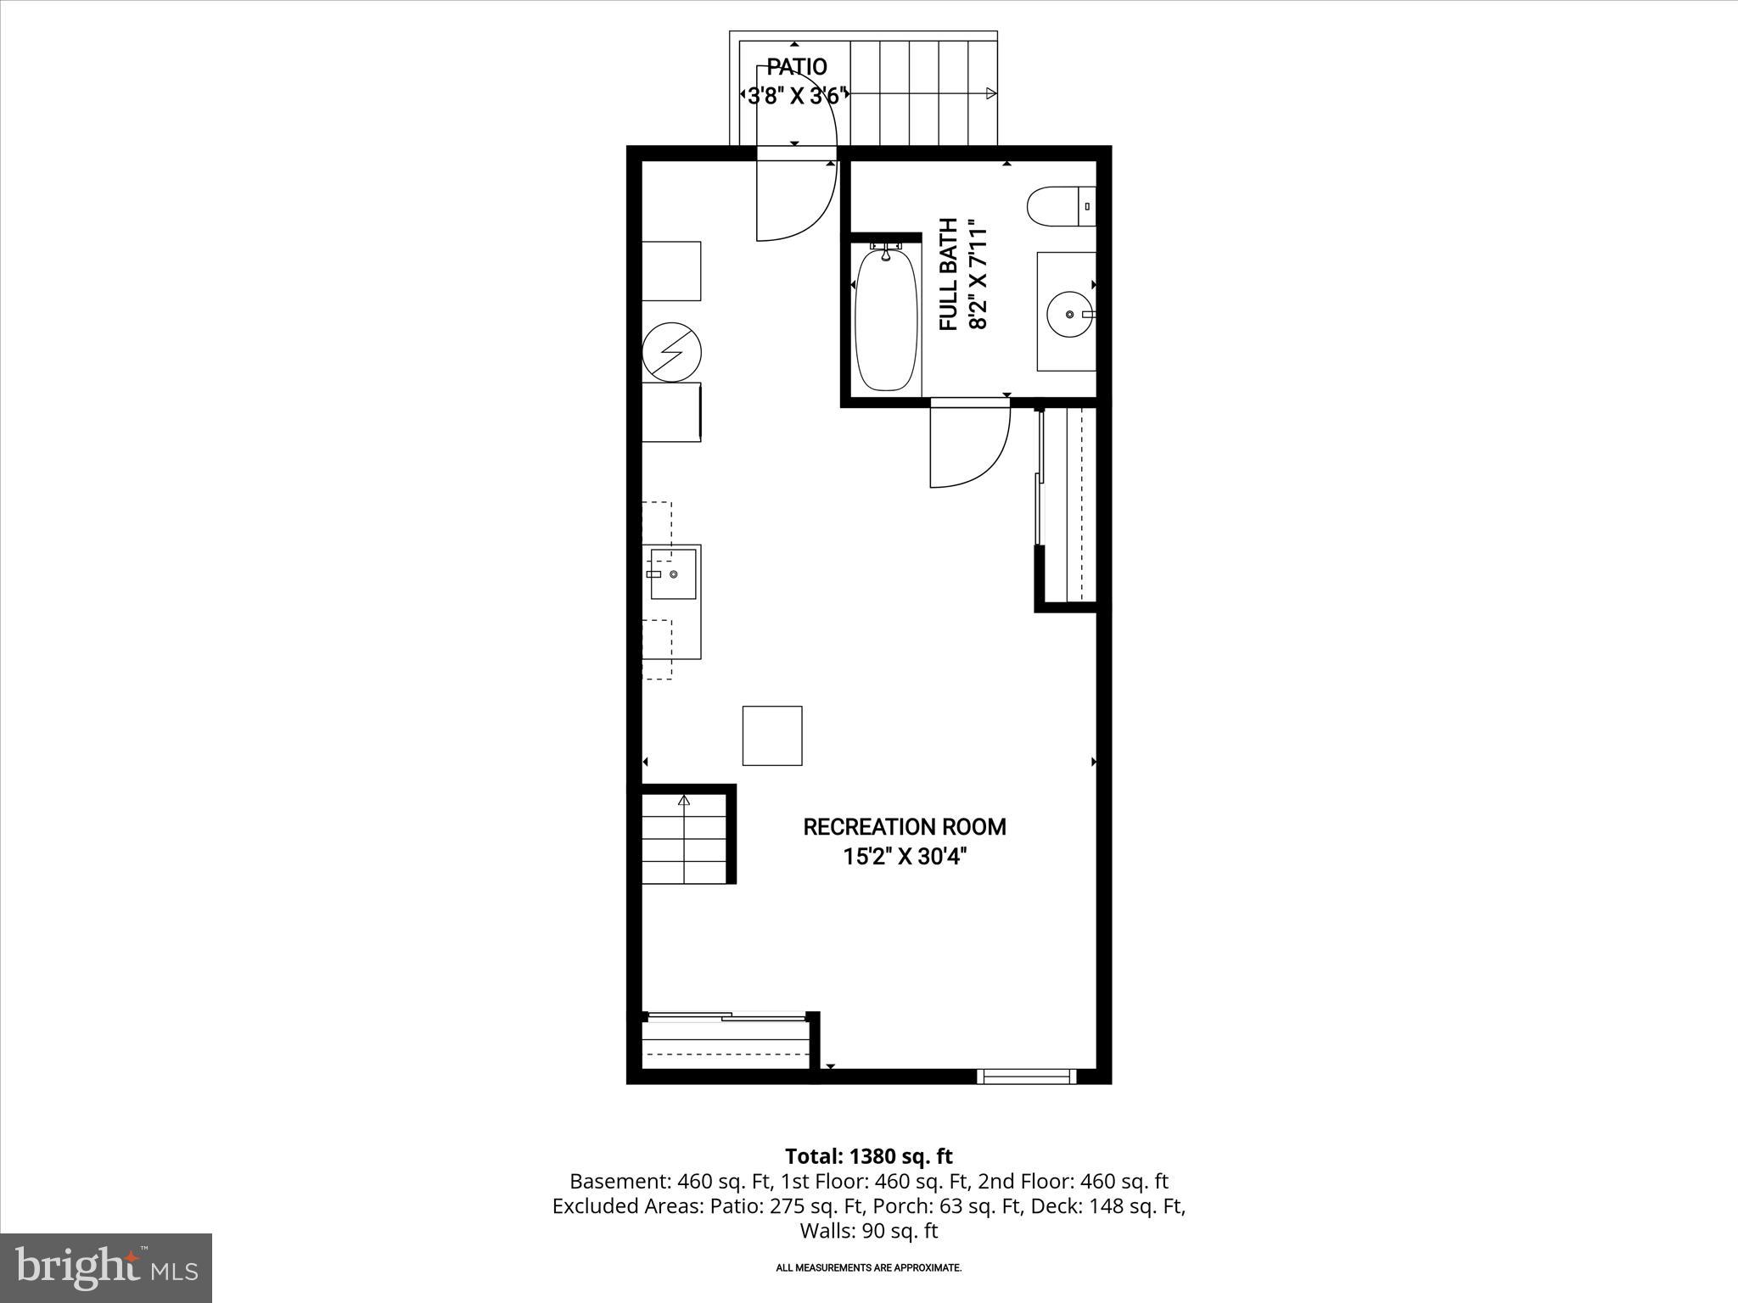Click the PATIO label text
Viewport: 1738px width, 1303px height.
[x=796, y=66]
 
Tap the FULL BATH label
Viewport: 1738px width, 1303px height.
[x=949, y=274]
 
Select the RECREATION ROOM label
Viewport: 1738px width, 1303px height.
[x=904, y=827]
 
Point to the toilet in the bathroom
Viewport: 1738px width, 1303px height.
[x=1056, y=207]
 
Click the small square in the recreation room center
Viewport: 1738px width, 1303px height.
[x=772, y=735]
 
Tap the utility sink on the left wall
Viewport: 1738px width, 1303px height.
[x=673, y=574]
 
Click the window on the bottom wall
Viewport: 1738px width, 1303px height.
[x=1026, y=1077]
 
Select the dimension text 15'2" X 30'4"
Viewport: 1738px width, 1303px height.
[x=905, y=857]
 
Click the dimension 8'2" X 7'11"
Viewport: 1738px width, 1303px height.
[x=978, y=275]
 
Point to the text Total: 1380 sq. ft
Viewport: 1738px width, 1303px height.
[x=868, y=1156]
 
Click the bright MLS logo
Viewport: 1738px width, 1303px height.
[x=106, y=1267]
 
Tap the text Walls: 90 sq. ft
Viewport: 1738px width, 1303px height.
[x=868, y=1231]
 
